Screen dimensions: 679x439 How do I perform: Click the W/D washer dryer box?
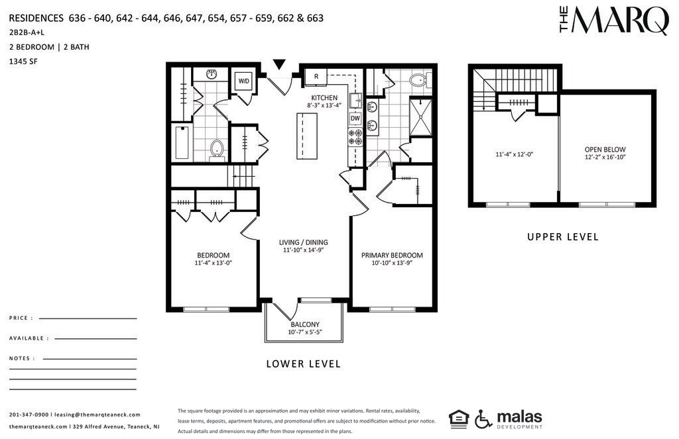[x=244, y=81]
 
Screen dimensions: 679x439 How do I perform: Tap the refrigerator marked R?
[x=316, y=77]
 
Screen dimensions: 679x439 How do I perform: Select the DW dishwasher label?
[x=355, y=118]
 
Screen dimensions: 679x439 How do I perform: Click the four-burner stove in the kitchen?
[x=355, y=137]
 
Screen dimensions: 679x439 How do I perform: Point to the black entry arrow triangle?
[x=279, y=64]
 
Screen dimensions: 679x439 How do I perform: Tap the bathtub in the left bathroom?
[x=182, y=142]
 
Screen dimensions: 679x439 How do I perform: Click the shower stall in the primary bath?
[x=420, y=118]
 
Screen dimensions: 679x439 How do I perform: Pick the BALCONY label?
[x=305, y=324]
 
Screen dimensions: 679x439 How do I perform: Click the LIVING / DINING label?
[x=303, y=242]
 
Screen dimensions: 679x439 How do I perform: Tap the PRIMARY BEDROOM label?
[x=392, y=255]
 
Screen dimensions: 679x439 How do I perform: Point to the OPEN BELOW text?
[x=605, y=150]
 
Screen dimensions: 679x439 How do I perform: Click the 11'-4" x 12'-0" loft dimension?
[x=514, y=154]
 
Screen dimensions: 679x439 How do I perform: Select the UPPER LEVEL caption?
[x=563, y=237]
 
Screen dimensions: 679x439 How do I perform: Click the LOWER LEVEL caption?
[x=304, y=364]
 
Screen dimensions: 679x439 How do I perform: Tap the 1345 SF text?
[x=23, y=62]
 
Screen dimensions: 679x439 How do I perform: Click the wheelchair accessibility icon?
[x=483, y=418]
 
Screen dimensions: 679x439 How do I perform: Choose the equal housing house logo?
[x=459, y=418]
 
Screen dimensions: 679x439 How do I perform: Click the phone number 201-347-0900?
[x=29, y=415]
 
